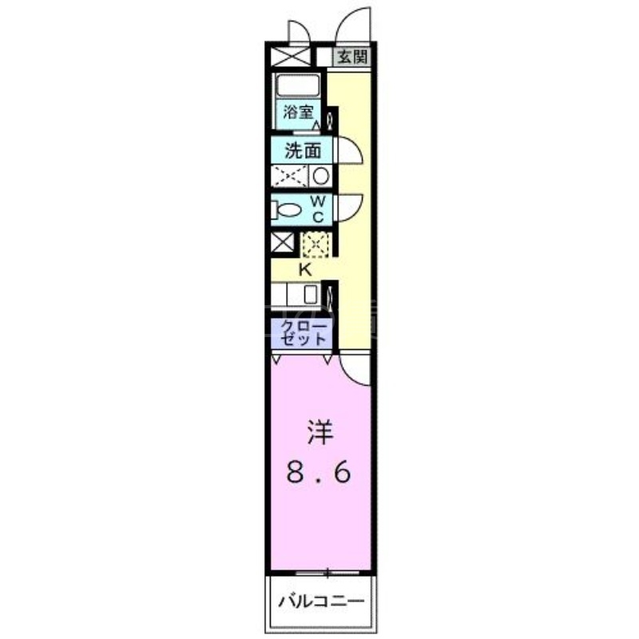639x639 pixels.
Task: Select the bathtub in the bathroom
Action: [x=297, y=86]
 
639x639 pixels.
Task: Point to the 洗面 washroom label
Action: [x=303, y=150]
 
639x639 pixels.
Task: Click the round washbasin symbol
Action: [x=320, y=176]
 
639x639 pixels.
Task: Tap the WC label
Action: [x=317, y=209]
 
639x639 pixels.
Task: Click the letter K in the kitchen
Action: [x=304, y=270]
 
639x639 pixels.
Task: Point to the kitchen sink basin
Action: [x=311, y=294]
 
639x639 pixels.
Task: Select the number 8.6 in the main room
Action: [x=319, y=474]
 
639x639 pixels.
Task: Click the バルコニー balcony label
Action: [x=320, y=601]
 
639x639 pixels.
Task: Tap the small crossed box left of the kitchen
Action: [x=283, y=243]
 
